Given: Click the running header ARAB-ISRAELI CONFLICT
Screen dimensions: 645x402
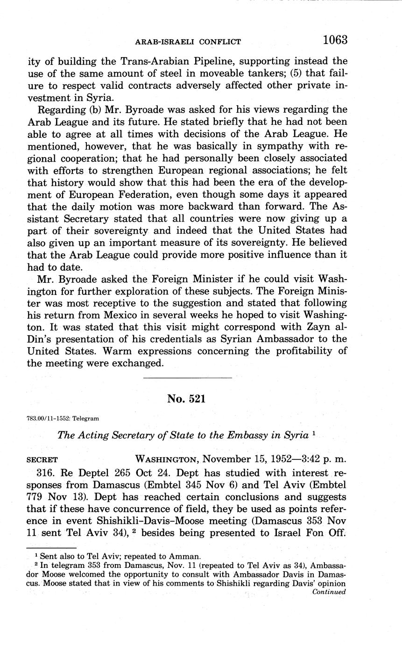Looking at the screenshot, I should [x=188, y=42].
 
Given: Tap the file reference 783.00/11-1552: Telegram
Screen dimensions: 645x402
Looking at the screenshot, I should [x=63, y=418].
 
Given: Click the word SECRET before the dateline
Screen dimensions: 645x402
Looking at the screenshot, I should [x=42, y=459].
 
